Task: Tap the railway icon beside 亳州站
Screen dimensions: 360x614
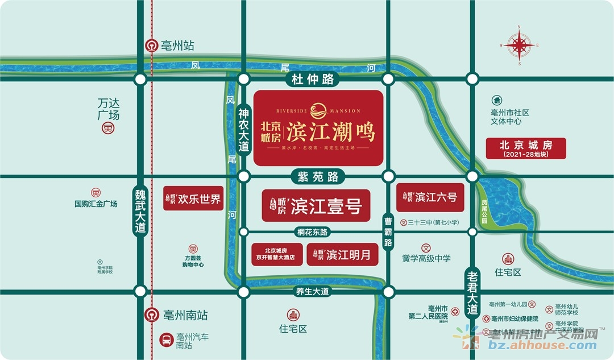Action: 152,46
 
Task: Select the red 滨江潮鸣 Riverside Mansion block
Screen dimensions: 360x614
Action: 318,128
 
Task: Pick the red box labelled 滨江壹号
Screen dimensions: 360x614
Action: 316,206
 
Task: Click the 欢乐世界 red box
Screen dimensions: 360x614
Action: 193,199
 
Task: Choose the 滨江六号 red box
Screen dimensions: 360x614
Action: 430,197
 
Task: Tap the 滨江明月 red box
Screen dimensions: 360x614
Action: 342,254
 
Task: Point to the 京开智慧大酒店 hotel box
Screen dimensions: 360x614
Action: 276,254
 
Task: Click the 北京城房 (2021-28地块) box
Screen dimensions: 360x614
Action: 526,148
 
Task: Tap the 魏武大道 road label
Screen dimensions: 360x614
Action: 140,211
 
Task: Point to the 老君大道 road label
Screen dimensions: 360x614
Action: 471,291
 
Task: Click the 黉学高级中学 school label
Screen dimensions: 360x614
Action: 426,258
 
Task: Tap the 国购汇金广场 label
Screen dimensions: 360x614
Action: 96,203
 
